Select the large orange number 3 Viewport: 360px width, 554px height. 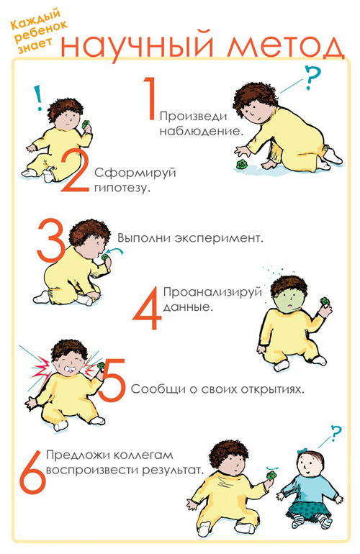pyautogui.click(x=50, y=240)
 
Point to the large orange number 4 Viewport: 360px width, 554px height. pyautogui.click(x=148, y=308)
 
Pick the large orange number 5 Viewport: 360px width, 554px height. pyautogui.click(x=113, y=380)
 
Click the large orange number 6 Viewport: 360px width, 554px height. pyautogui.click(x=32, y=472)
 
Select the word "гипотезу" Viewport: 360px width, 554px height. pyautogui.click(x=122, y=188)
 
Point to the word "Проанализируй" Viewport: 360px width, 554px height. pyautogui.click(x=212, y=292)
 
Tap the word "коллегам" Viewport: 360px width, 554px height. pyautogui.click(x=143, y=455)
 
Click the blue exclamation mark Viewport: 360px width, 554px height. pyautogui.click(x=39, y=98)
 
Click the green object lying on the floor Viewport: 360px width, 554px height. pyautogui.click(x=242, y=165)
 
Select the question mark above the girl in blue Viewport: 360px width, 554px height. pyautogui.click(x=337, y=433)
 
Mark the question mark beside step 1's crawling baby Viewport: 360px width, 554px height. pyautogui.click(x=313, y=78)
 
